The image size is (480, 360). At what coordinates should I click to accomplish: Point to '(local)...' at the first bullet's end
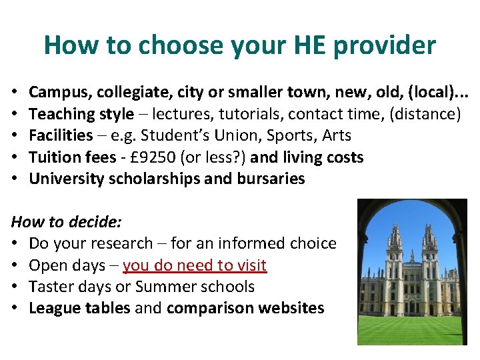(435, 93)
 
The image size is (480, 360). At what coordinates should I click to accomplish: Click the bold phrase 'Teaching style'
(81, 114)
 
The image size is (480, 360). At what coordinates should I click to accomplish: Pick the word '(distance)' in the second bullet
(425, 114)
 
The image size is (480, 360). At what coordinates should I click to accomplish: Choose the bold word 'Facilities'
(61, 135)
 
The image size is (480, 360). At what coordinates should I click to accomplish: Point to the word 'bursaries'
(271, 179)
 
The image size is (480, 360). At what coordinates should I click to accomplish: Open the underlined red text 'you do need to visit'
(195, 265)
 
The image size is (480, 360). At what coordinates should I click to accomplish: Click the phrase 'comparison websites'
(245, 308)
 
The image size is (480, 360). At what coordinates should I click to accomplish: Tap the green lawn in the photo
(410, 330)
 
